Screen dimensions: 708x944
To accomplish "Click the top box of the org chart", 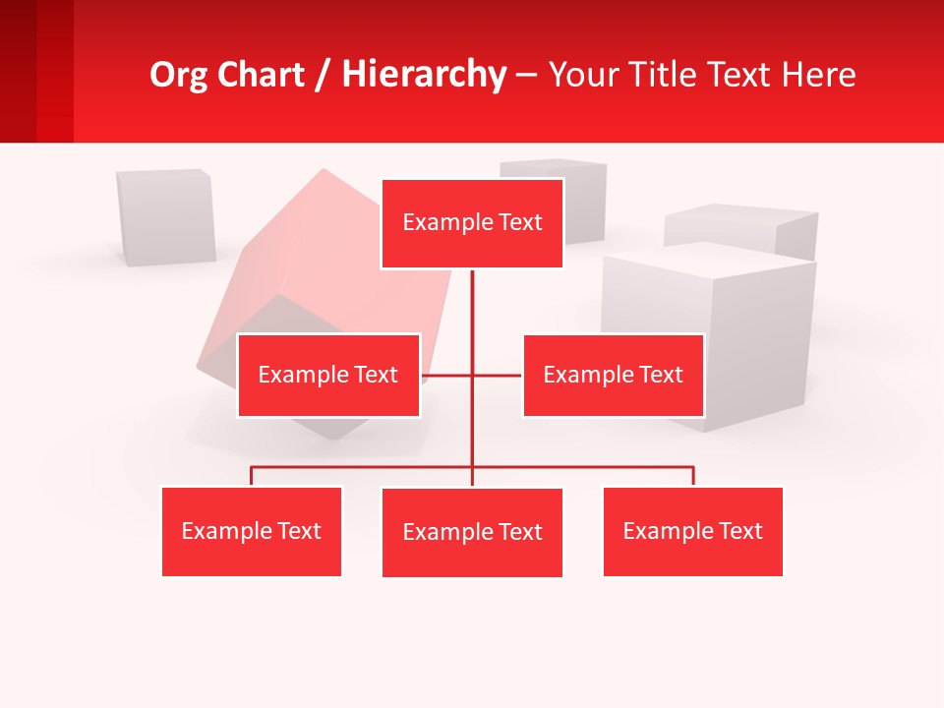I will pos(472,223).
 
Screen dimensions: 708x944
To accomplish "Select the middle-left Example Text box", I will pos(328,375).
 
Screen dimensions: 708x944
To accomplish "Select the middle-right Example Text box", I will pos(613,375).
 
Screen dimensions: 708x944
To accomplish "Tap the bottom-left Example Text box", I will pos(252,531).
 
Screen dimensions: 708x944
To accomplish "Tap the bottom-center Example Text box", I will pos(472,532).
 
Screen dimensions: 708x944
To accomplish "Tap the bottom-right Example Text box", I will pos(692,531).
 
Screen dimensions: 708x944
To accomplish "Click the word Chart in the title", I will pos(261,75).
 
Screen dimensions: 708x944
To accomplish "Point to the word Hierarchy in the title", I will pos(423,75).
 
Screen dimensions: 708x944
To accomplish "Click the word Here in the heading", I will pos(818,75).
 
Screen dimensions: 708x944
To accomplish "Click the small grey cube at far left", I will pos(165,216).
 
